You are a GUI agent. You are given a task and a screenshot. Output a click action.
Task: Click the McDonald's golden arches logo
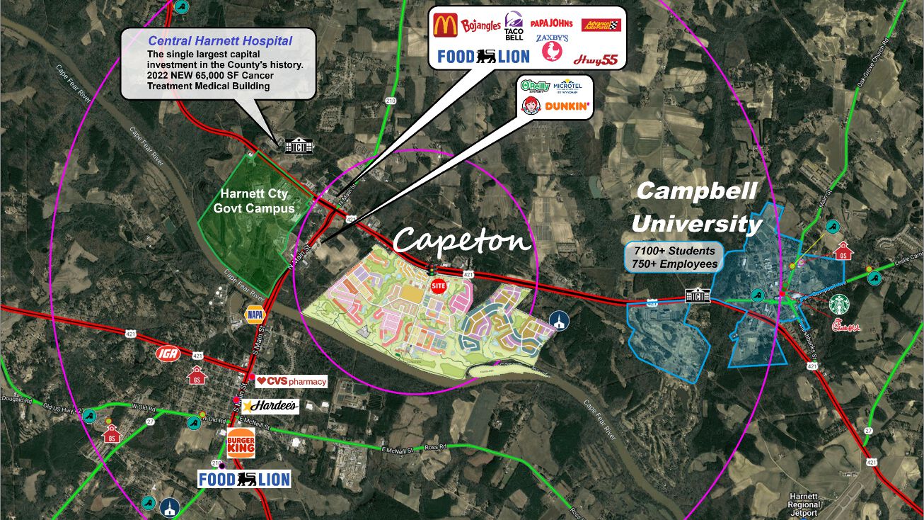[446, 26]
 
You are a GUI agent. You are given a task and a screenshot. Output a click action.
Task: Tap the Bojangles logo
[480, 27]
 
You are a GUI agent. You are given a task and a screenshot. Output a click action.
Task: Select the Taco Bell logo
[514, 26]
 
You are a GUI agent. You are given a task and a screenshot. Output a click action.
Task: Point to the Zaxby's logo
[552, 47]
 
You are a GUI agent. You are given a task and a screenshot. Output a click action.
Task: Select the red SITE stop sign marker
[439, 286]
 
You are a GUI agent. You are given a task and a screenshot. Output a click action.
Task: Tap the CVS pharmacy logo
[291, 382]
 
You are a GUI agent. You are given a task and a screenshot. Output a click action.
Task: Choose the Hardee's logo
[270, 407]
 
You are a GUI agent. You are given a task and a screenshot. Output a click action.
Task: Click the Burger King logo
[241, 443]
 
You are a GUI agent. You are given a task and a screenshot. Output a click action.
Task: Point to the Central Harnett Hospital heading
[220, 42]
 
